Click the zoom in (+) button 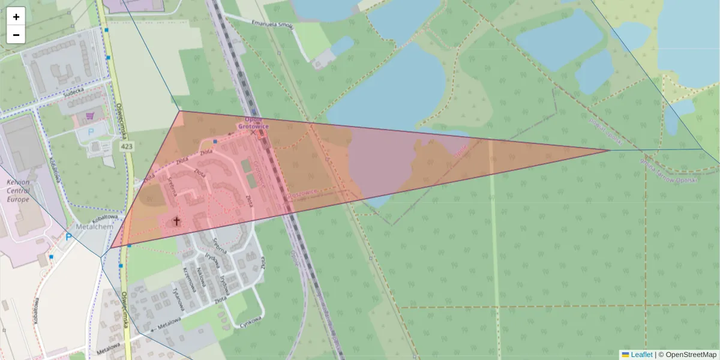pos(16,17)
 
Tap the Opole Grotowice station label pos(252,123)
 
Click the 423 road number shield pos(126,146)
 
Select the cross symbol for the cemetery pos(176,221)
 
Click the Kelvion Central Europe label pos(18,191)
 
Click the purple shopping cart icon pos(91,115)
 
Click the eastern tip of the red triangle pos(610,150)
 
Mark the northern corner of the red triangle pos(179,111)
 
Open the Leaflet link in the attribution pos(641,355)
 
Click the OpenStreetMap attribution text pos(691,355)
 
